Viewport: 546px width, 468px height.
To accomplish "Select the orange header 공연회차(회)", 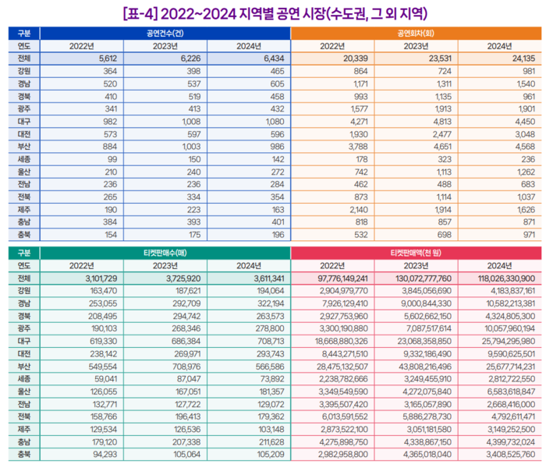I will pyautogui.click(x=416, y=34).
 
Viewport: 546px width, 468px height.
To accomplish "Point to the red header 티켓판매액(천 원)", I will pyautogui.click(x=416, y=253).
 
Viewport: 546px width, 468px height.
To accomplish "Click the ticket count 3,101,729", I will pyautogui.click(x=98, y=278).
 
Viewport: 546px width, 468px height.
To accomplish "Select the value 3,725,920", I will pyautogui.click(x=183, y=278).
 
